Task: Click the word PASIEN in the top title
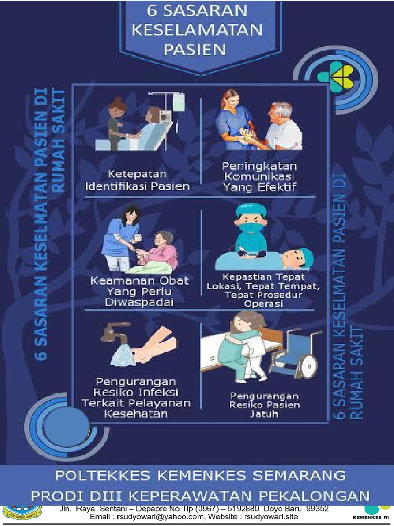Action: pos(197,49)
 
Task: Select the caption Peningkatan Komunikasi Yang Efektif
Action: pos(260,177)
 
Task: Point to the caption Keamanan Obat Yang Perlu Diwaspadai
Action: pos(140,291)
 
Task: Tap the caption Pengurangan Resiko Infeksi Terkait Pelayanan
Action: pos(136,399)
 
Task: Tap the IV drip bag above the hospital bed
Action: pos(178,102)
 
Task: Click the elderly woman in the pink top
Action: pos(162,252)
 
